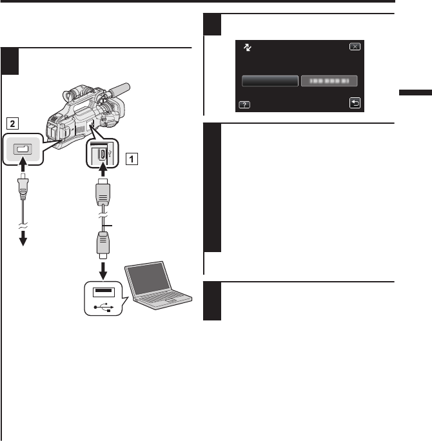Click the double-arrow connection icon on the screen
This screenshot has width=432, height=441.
(x=246, y=48)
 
